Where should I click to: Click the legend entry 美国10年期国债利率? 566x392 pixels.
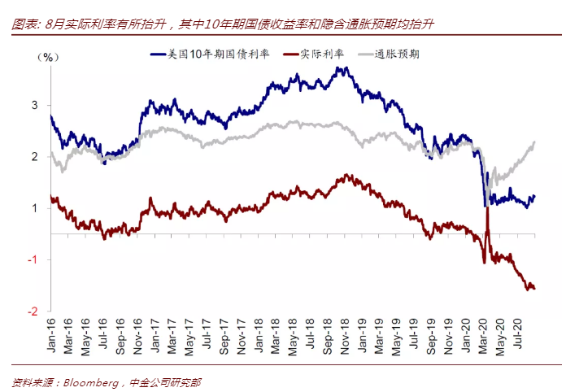coord(213,55)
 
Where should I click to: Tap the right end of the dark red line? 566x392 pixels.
coord(534,288)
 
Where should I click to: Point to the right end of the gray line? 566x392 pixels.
coord(535,142)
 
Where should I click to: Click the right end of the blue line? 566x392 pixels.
coord(535,196)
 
